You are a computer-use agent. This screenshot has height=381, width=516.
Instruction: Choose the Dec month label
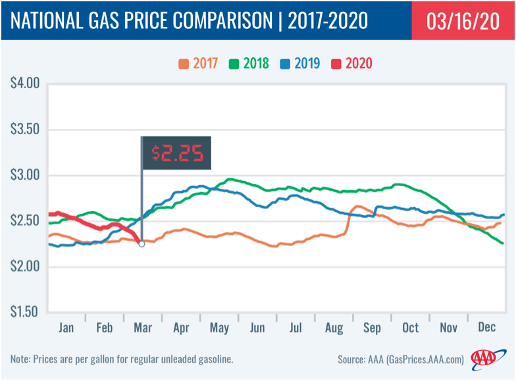[x=488, y=327]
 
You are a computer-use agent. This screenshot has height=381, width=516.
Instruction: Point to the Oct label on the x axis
[x=411, y=327]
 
